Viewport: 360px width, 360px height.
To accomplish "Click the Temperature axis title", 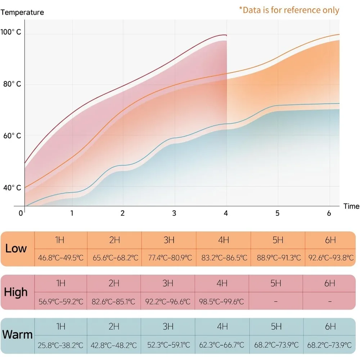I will tap(22, 12).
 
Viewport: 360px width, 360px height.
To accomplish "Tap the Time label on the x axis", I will tap(351, 206).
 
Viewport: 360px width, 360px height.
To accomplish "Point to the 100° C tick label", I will tap(11, 32).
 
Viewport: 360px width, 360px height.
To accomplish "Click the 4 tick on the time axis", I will tap(226, 213).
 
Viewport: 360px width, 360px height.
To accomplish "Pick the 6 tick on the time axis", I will tap(329, 213).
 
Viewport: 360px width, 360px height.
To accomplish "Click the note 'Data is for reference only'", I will tap(289, 10).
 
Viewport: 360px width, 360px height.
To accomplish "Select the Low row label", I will tap(16, 248).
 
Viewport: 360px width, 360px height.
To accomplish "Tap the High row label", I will tap(16, 292).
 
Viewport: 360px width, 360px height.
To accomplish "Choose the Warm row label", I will tap(17, 335).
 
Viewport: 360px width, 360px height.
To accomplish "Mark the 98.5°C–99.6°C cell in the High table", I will tap(221, 301).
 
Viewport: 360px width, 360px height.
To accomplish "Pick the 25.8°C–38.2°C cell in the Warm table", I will tap(60, 345).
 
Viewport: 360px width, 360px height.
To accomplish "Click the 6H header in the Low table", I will tap(330, 240).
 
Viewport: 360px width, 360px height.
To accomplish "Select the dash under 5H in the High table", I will tap(276, 301).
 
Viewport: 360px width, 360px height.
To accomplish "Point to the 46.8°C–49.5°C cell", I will tap(60, 258).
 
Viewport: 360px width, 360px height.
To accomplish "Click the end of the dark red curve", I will tap(226, 35).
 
